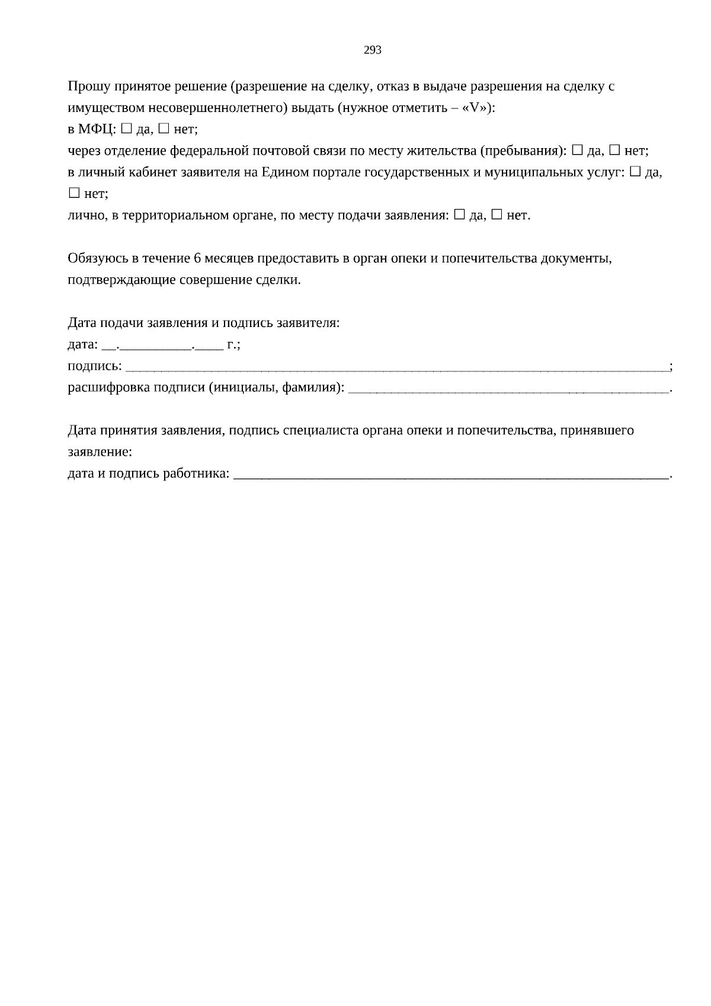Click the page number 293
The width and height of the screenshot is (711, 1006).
pos(372,50)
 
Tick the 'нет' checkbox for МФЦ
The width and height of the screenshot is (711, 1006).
pos(164,128)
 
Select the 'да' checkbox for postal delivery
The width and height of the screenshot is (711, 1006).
pos(577,150)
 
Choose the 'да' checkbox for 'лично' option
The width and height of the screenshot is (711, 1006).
pos(459,214)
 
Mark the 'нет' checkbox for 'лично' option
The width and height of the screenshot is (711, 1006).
pos(497,214)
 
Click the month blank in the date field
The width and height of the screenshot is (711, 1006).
pos(156,345)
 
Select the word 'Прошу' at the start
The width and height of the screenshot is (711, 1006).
pos(86,86)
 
